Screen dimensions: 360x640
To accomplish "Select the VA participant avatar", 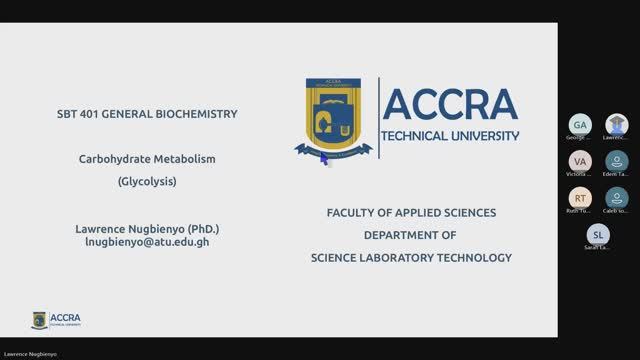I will click(579, 160).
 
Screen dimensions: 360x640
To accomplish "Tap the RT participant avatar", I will click(579, 197).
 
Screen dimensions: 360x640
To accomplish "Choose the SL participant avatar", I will click(598, 235).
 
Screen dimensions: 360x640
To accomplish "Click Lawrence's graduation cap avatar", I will click(617, 124).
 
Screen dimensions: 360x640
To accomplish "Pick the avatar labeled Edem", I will click(617, 160).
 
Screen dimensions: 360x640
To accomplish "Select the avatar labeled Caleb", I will click(617, 197).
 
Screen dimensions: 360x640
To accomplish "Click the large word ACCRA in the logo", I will click(450, 104).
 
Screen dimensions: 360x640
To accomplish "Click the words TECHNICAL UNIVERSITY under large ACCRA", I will click(451, 135).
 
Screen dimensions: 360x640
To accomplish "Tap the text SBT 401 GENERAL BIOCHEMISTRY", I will click(147, 114).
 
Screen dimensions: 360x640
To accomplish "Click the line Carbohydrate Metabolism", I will click(147, 159).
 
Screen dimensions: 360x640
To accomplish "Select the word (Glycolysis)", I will click(147, 182).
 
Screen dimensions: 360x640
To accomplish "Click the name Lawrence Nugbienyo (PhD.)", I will click(147, 228).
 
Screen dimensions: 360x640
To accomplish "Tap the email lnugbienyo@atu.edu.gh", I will click(147, 242).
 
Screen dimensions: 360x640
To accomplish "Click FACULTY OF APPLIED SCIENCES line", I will click(411, 213).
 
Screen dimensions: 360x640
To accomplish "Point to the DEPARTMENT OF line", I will click(409, 235).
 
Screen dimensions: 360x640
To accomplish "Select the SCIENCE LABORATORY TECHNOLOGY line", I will click(410, 257).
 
